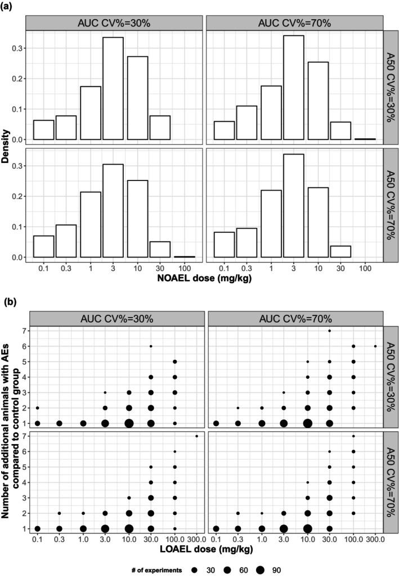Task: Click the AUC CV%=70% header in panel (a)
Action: [x=294, y=23]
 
